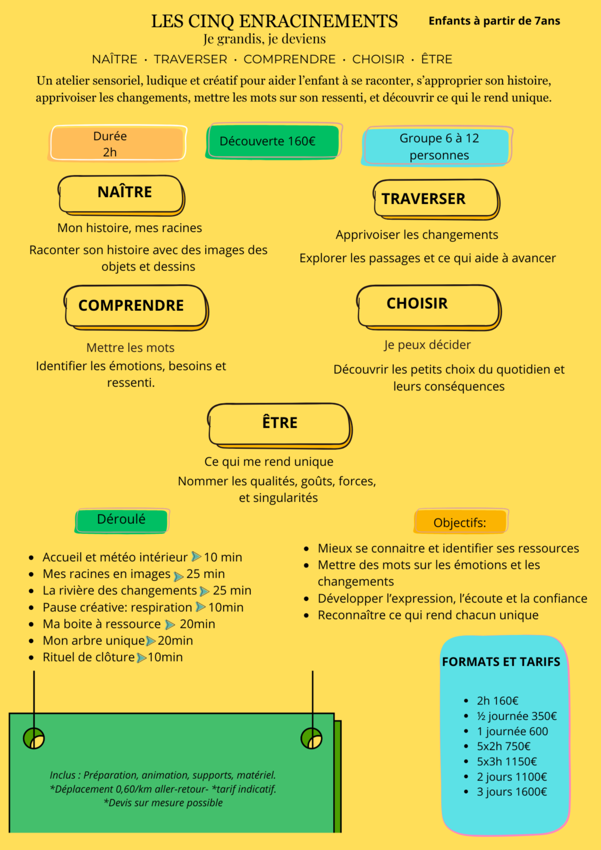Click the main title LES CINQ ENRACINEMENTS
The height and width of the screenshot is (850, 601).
275,21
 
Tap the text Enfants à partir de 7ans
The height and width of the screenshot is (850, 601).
494,21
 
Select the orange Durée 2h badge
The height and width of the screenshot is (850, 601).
117,143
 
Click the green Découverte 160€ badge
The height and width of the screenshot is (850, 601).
273,141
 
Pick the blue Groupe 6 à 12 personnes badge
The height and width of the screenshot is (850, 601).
437,147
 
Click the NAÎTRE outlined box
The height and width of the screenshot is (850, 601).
122,195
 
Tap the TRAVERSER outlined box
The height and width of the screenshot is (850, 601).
436,200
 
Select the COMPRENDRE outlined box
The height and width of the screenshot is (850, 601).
136,308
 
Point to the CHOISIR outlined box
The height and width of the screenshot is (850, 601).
429,308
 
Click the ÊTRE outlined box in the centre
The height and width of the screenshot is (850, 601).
280,426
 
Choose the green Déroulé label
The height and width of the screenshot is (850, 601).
122,521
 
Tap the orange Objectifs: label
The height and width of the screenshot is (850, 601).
461,521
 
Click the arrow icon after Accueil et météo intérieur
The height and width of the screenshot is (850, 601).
196,556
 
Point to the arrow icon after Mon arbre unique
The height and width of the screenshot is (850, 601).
151,641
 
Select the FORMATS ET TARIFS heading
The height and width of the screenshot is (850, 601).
501,662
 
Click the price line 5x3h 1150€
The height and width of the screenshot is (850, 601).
507,762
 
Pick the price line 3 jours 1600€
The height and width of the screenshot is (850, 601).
512,792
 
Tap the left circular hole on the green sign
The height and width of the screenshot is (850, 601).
34,738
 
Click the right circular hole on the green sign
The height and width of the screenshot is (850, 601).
311,738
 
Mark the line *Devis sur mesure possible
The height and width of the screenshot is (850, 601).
163,803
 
